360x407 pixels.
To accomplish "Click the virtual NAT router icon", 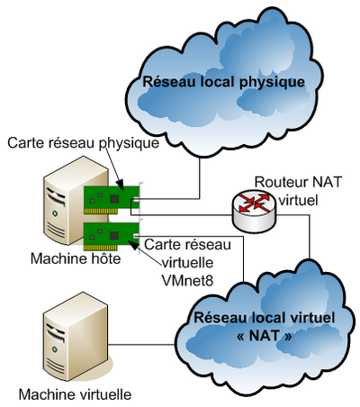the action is coord(254,211).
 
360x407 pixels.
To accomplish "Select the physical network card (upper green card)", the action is coord(112,200).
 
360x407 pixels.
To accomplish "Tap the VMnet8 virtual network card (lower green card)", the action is coord(112,236).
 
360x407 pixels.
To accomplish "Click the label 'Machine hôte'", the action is coord(76,258).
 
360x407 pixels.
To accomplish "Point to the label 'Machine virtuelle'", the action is coord(75,393).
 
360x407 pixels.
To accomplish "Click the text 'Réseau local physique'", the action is coord(223,82).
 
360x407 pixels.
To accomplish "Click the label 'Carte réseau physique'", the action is coord(83,142).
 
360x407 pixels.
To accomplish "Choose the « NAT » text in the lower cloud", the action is coord(264,336).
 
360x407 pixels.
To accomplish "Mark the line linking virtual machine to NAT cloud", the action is coord(141,345).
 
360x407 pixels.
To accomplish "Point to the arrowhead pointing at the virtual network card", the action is coord(133,245).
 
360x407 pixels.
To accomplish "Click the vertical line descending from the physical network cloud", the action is coord(200,177).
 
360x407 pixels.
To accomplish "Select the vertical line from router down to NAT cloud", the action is coord(310,237).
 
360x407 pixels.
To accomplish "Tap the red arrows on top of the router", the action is coord(255,202).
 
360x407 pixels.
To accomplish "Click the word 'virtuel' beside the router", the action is coord(298,201).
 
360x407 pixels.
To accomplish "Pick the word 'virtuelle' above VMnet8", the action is coord(188,263).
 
